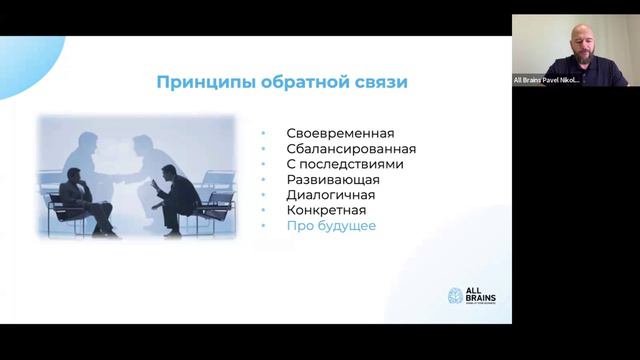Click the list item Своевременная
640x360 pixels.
click(340, 133)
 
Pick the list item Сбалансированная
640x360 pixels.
click(350, 149)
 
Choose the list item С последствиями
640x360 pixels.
click(345, 164)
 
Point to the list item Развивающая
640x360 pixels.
click(333, 180)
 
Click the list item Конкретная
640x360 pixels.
click(326, 210)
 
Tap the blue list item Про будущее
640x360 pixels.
click(331, 226)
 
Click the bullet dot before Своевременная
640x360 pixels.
click(264, 134)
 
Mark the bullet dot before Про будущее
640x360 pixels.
click(264, 227)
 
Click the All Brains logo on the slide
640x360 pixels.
click(471, 296)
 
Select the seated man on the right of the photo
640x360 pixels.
click(178, 195)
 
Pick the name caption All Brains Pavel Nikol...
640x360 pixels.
click(547, 80)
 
